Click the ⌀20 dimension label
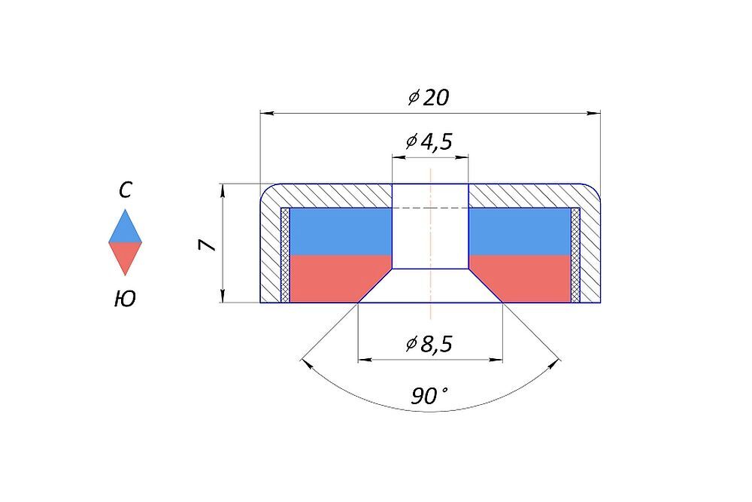[x=429, y=97]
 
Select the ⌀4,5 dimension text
[x=429, y=141]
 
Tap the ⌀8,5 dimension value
[x=429, y=344]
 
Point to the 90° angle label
[x=429, y=397]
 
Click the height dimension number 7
[x=208, y=245]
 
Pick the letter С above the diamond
[x=125, y=190]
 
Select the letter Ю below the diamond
[x=125, y=299]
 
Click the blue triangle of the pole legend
[x=125, y=230]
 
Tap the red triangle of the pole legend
[x=125, y=255]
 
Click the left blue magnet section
[x=341, y=231]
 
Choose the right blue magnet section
[x=520, y=231]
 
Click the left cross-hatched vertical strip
[x=285, y=255]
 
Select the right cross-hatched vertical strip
[x=575, y=255]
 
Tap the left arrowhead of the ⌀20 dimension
[x=266, y=113]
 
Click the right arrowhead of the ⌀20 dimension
[x=594, y=113]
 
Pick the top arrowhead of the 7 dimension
[x=222, y=190]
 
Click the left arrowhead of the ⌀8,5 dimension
[x=365, y=359]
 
